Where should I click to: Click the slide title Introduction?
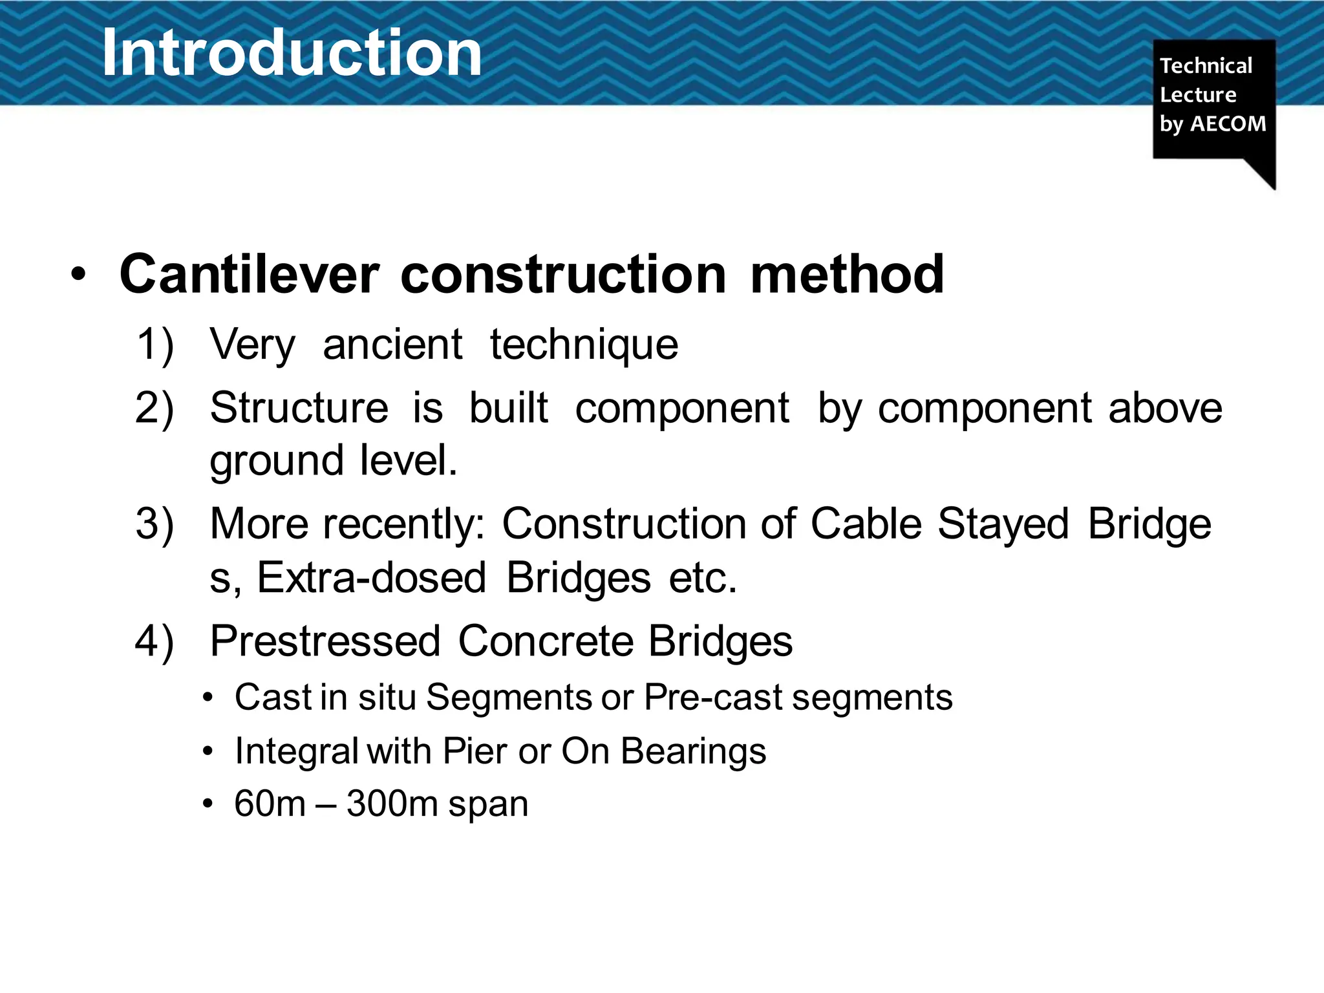point(292,53)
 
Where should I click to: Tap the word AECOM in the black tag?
point(1228,123)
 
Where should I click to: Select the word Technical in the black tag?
point(1206,65)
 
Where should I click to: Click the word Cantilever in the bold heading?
point(249,274)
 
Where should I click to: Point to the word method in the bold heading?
point(847,274)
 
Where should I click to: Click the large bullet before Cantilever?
point(78,275)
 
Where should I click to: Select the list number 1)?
point(155,344)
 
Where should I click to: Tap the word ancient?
point(392,344)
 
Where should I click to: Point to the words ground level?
point(333,460)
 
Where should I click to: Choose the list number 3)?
point(155,524)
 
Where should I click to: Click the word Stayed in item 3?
point(1003,524)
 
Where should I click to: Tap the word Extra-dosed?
point(371,577)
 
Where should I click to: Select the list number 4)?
point(155,641)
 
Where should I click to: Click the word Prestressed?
point(325,641)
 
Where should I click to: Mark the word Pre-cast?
point(713,698)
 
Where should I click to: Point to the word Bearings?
point(693,751)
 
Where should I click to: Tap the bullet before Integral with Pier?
point(207,752)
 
